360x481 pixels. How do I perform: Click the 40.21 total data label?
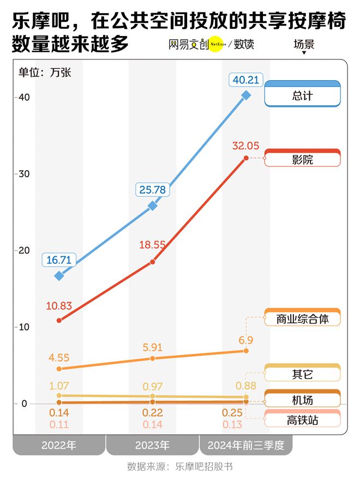(x=246, y=80)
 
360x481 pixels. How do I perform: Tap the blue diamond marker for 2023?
(x=153, y=206)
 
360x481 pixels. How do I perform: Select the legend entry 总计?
(x=302, y=96)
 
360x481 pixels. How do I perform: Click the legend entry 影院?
(x=302, y=160)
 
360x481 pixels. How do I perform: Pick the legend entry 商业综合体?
(x=302, y=319)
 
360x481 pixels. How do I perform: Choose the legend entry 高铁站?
(x=302, y=420)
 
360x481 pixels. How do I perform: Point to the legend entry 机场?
(x=302, y=400)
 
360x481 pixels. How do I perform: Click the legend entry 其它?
(x=302, y=375)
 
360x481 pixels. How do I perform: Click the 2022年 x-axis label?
(x=59, y=445)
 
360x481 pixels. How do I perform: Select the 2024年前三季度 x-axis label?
(x=246, y=445)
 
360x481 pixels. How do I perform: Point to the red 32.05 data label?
(x=245, y=146)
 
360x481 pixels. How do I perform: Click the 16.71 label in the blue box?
(x=59, y=260)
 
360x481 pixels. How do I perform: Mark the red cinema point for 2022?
(x=59, y=320)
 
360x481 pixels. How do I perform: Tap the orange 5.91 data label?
(x=153, y=346)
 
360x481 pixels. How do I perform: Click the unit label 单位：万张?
(x=45, y=72)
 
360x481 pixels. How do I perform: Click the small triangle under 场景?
(x=304, y=53)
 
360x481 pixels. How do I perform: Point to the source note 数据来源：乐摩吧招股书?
(x=180, y=467)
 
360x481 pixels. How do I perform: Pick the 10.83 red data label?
(x=59, y=306)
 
